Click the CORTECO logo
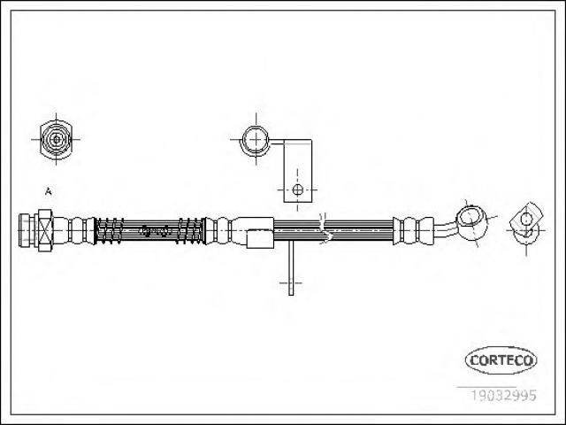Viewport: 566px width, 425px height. (501, 360)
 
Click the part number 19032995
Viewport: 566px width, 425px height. (503, 395)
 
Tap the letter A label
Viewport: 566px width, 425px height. (48, 191)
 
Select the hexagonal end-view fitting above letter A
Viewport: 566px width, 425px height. (56, 139)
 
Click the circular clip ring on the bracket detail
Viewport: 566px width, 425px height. (256, 140)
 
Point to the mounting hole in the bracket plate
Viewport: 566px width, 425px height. (297, 189)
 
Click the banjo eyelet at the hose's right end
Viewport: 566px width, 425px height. (471, 220)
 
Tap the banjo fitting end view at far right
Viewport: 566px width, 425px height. (526, 225)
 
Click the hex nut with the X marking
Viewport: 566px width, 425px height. (45, 230)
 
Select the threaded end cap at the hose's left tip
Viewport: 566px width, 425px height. (25, 230)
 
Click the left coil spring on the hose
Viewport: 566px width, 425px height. (110, 230)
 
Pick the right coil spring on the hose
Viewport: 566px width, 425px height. (190, 230)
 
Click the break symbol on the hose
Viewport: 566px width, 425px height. (325, 228)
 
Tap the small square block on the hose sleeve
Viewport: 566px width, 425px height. (260, 239)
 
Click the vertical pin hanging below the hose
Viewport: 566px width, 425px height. (291, 267)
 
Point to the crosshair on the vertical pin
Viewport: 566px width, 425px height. (291, 283)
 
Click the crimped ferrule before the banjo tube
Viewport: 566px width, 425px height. (413, 230)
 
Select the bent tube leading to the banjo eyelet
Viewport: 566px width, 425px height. (446, 230)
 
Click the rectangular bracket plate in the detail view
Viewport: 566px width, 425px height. (297, 171)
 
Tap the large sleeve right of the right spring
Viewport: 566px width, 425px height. (253, 230)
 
